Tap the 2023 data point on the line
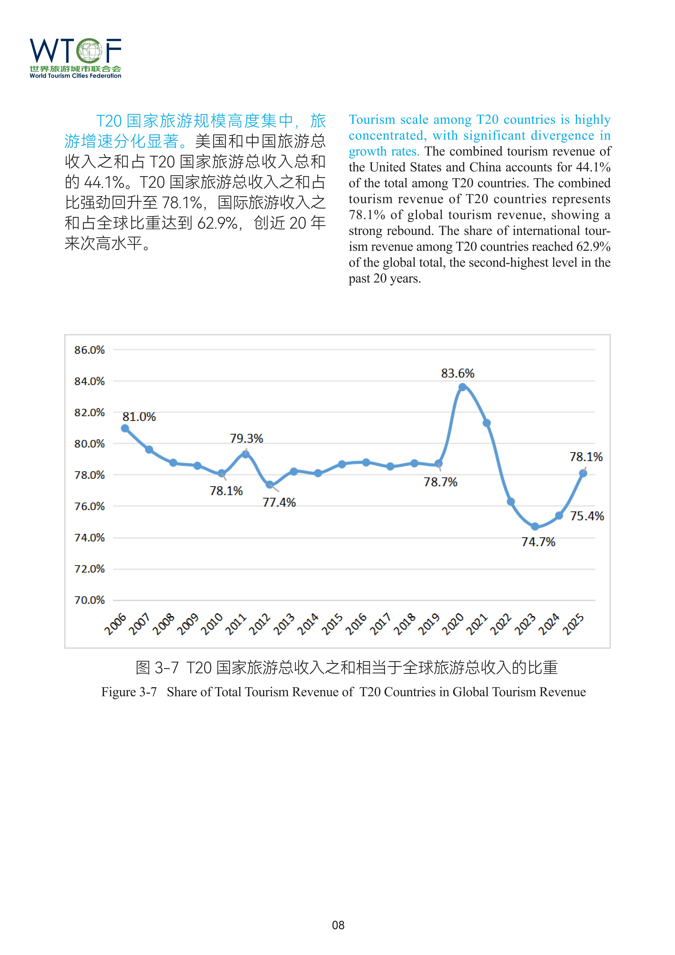tap(535, 527)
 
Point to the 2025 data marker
tap(583, 473)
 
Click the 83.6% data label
tap(458, 373)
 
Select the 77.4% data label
tap(279, 502)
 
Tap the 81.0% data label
tap(139, 417)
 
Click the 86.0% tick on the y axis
tap(89, 350)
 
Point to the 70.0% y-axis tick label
tap(89, 600)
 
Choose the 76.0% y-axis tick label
tap(89, 506)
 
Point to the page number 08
tap(338, 925)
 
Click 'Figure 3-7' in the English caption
tap(129, 692)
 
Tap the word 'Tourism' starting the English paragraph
tap(372, 120)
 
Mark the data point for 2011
tap(246, 454)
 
